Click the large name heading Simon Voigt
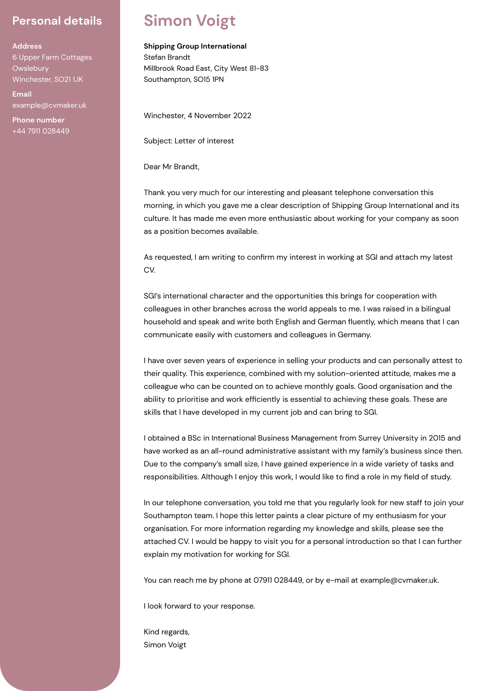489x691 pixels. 189,21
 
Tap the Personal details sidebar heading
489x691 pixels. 57,21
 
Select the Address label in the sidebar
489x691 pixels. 27,46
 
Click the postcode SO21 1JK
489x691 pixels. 68,79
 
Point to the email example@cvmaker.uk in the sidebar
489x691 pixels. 49,105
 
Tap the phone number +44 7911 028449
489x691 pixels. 41,131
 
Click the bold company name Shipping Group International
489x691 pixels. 195,46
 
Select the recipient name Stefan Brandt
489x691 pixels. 167,57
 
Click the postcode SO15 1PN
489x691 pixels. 208,79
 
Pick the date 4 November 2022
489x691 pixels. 219,116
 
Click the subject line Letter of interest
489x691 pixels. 204,141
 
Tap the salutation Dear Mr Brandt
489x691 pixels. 171,167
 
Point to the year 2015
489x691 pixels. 437,438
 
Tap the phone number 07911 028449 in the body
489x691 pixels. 277,580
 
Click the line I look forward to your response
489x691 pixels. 199,606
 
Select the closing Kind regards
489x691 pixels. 166,632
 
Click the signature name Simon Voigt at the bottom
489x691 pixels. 165,645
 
